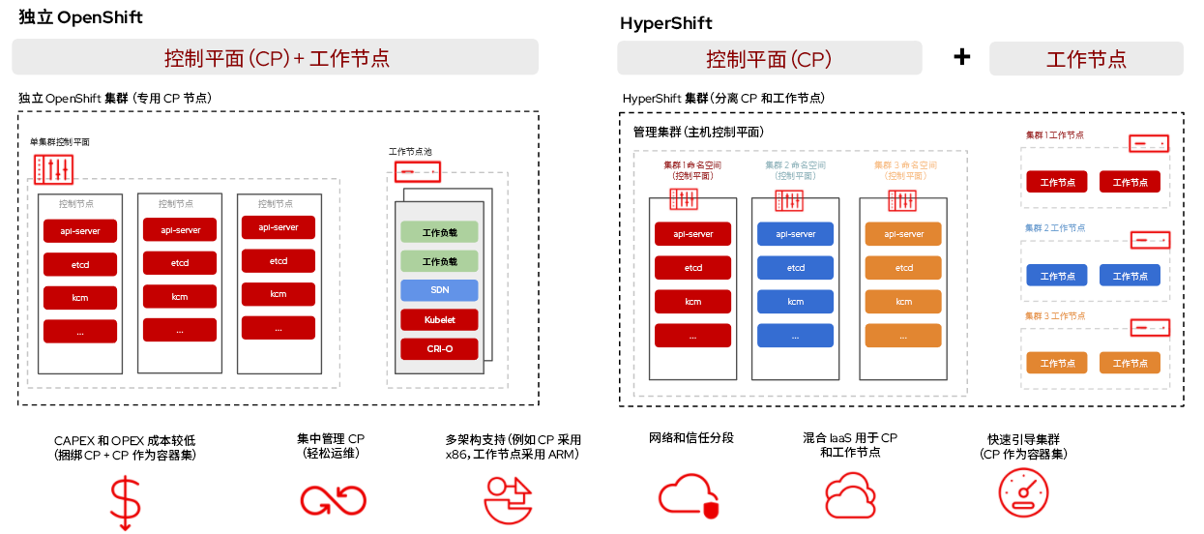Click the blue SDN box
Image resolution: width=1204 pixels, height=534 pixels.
point(439,290)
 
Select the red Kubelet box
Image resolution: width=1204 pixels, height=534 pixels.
point(439,319)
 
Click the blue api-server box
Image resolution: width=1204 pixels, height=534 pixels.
point(795,234)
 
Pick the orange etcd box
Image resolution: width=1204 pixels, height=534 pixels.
point(903,268)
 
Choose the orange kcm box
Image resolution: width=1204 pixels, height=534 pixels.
point(903,302)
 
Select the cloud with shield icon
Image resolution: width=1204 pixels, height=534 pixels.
point(689,495)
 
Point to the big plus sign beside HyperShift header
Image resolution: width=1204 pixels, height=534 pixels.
point(961,57)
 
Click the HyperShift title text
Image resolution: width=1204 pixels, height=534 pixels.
point(666,23)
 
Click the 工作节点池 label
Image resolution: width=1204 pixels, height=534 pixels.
point(410,152)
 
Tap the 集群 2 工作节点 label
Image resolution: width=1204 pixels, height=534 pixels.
point(1054,227)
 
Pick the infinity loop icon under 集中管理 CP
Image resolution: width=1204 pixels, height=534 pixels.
point(332,499)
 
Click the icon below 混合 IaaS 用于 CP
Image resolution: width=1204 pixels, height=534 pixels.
point(850,495)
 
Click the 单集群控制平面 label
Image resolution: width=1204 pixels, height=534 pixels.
point(60,142)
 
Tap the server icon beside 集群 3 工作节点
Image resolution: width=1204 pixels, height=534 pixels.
point(1150,327)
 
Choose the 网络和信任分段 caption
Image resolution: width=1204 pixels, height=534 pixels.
point(691,438)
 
